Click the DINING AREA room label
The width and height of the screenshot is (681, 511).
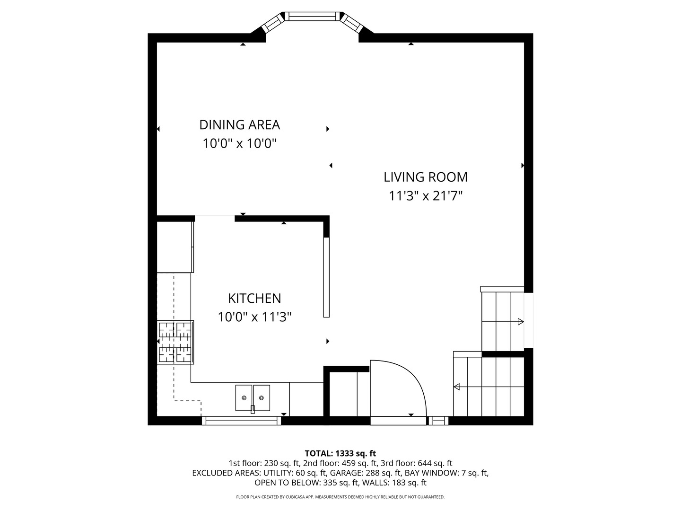(239, 125)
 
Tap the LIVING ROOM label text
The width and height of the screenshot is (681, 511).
(425, 177)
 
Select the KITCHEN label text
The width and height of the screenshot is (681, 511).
(254, 299)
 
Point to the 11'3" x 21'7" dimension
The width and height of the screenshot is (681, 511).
(426, 196)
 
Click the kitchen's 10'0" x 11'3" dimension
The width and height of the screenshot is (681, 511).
(254, 317)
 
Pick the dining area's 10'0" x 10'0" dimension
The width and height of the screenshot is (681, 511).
(239, 143)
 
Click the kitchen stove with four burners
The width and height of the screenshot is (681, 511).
(175, 342)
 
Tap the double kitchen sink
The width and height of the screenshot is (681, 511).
(253, 398)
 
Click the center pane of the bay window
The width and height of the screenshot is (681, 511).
(313, 16)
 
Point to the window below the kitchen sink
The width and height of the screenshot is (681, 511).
(241, 421)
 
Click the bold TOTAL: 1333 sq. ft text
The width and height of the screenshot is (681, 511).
(340, 454)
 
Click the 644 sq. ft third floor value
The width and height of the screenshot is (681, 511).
(435, 463)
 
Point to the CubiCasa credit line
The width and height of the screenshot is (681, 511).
(340, 497)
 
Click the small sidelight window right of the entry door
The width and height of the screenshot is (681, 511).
(438, 421)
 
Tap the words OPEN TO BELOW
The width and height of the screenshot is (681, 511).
(287, 483)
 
